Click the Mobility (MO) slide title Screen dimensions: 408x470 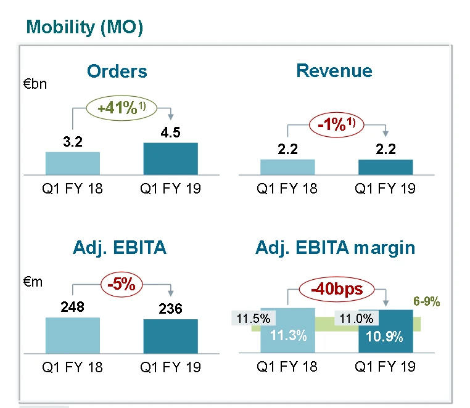click(x=85, y=27)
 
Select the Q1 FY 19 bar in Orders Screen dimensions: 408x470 click(x=170, y=159)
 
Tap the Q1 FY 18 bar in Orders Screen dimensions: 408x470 click(x=73, y=163)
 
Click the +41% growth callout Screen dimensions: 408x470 click(x=122, y=107)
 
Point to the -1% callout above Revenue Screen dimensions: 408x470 click(x=336, y=123)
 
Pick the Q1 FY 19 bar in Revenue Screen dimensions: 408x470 click(x=385, y=167)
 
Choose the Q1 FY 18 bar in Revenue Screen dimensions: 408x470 click(x=287, y=167)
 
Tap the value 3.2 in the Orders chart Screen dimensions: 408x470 click(x=72, y=142)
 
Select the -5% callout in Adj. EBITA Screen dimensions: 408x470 click(x=122, y=285)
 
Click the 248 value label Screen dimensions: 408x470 click(x=72, y=306)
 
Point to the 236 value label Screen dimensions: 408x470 click(x=170, y=308)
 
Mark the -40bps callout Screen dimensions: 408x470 click(x=336, y=288)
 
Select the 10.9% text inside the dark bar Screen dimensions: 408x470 click(x=385, y=337)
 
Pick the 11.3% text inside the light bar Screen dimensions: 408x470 click(x=287, y=336)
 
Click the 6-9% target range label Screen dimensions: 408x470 click(x=426, y=303)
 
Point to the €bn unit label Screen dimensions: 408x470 click(x=35, y=84)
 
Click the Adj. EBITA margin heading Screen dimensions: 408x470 click(x=335, y=248)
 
